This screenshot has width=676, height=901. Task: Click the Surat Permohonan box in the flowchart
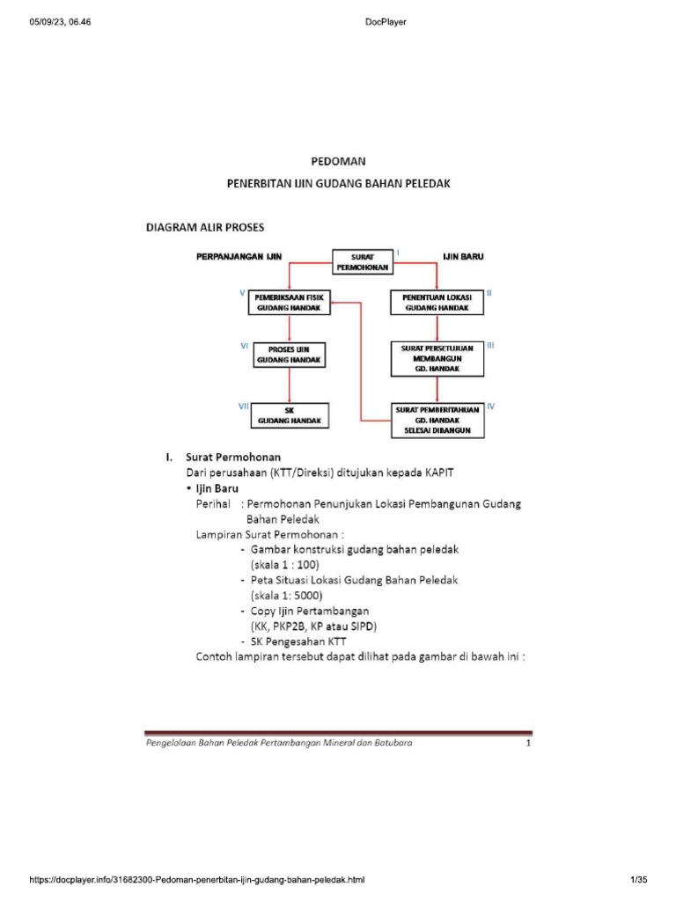[x=362, y=261]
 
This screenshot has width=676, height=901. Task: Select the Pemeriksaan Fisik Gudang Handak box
[x=290, y=304]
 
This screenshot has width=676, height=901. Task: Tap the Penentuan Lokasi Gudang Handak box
[x=437, y=304]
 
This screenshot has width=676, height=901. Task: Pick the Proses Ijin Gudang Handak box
[x=290, y=355]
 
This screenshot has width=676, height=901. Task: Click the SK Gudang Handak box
[x=290, y=415]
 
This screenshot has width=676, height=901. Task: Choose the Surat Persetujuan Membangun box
[x=437, y=357]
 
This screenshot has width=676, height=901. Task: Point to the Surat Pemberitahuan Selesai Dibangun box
[x=437, y=421]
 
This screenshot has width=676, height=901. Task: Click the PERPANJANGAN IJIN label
[x=238, y=257]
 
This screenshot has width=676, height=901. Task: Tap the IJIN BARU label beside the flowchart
[x=462, y=257]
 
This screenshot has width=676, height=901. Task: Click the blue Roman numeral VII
[x=245, y=407]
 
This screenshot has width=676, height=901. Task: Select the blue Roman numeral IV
[x=491, y=407]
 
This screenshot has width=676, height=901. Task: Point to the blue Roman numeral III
[x=491, y=346]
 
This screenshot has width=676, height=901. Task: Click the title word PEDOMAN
[x=338, y=162]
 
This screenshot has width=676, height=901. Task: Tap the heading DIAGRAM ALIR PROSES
[x=204, y=227]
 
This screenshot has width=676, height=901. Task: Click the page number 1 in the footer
[x=528, y=744]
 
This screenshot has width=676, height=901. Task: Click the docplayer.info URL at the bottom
[x=197, y=879]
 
